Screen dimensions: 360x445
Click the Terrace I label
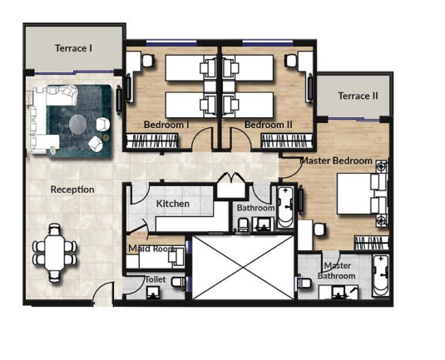(x=73, y=48)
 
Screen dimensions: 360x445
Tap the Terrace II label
(x=358, y=96)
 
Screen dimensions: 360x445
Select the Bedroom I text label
(x=166, y=125)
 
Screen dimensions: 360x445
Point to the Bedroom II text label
(x=269, y=125)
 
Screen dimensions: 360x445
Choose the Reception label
(x=72, y=190)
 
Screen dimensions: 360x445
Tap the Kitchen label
(x=173, y=204)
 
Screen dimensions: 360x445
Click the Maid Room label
(x=150, y=249)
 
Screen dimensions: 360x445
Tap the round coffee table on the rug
(x=77, y=125)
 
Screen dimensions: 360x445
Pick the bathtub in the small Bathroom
(x=284, y=208)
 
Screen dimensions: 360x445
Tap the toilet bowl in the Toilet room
(x=177, y=283)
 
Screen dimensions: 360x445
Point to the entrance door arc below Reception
(x=101, y=295)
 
